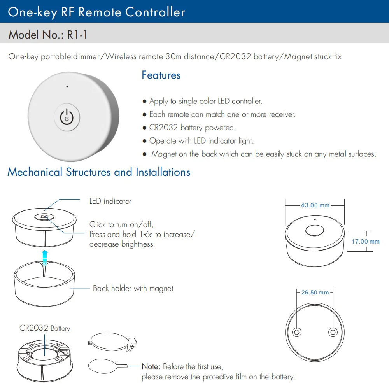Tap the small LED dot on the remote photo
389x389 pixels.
pos(67,86)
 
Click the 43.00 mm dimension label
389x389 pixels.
pos(315,205)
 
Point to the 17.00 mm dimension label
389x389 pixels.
pos(365,241)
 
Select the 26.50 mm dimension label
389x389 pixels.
pos(315,293)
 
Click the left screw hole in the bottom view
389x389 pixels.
pos(297,332)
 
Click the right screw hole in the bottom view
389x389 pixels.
pos(333,332)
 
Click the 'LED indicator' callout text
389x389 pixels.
pos(110,201)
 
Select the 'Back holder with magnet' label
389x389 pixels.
pos(133,288)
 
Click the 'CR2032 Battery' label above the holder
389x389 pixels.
pos(45,328)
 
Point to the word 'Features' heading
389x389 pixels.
pos(161,75)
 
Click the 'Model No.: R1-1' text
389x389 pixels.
pos(48,35)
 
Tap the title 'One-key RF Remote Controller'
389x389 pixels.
pos(96,12)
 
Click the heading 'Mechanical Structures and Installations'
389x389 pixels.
pos(99,172)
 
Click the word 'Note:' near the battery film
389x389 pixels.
pos(151,366)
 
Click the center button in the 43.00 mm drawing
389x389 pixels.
pos(314,230)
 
